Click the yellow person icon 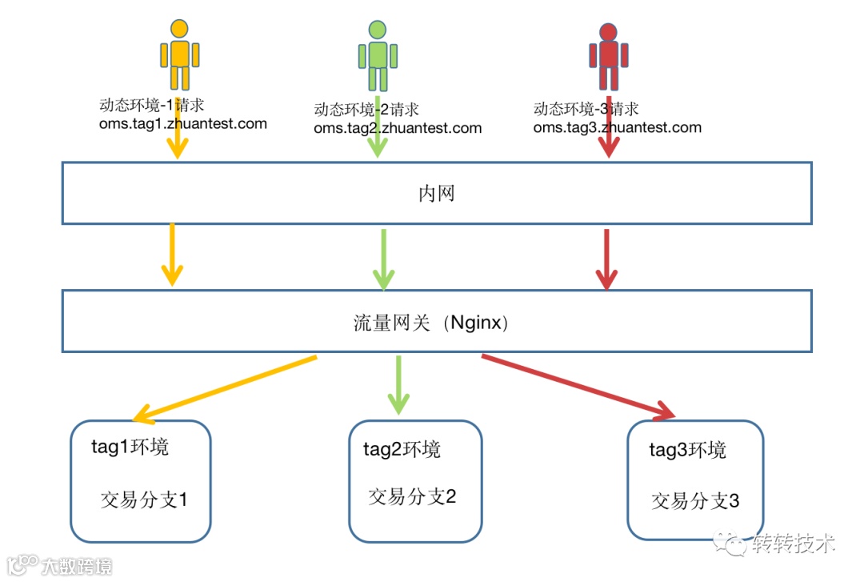(179, 54)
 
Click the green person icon (378, 55)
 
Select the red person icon (608, 55)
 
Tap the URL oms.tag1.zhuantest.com (182, 124)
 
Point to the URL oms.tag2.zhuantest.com (398, 128)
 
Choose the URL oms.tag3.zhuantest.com (617, 127)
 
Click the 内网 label (437, 194)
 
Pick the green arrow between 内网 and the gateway (384, 259)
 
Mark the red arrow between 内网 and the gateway (606, 259)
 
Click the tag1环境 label (130, 446)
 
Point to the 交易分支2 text (412, 496)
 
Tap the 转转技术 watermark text (794, 544)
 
